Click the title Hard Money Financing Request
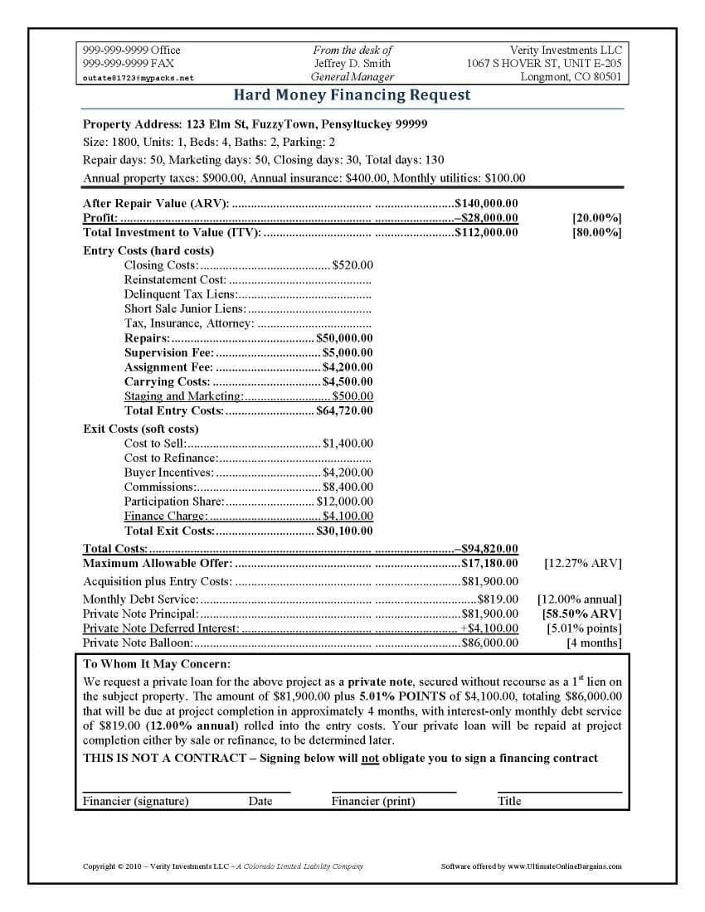[352, 95]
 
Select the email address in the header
[139, 78]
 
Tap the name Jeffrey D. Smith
[352, 64]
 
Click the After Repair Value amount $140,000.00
[487, 203]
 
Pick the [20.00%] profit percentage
[596, 218]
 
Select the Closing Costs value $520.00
[352, 265]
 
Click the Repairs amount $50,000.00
[344, 338]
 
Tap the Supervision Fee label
[169, 352]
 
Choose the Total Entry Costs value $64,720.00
[344, 410]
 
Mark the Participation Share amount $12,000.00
[344, 502]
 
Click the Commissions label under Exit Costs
[160, 487]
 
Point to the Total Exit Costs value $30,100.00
[344, 531]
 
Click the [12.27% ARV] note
[582, 564]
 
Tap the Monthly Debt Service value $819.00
[498, 599]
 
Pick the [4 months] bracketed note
[594, 643]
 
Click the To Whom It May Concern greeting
[158, 664]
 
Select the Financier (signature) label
[136, 801]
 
